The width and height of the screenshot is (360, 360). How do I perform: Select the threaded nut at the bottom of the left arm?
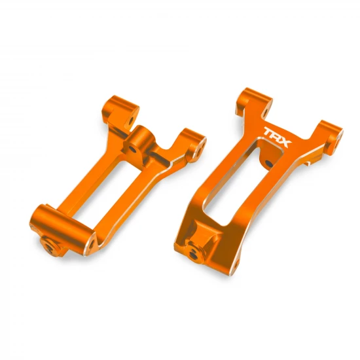pos(47,244)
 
